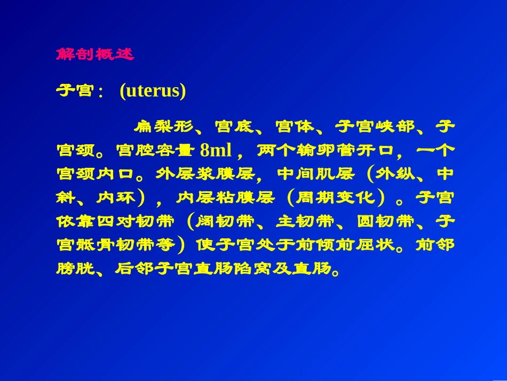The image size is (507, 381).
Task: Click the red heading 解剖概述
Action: point(95,55)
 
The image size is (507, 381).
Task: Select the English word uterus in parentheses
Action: point(153,91)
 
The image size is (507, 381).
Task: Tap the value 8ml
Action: point(216,151)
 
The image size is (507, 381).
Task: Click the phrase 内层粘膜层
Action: point(225,198)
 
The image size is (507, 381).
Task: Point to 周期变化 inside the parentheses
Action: point(335,198)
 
